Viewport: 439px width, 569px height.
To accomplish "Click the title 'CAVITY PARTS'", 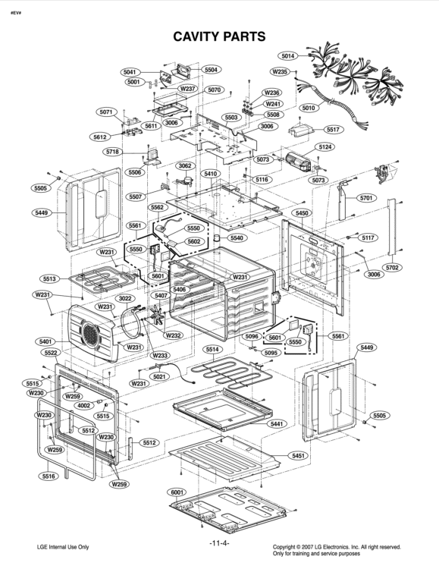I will click(x=219, y=36).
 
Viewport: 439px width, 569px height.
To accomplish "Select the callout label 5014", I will click(x=288, y=56).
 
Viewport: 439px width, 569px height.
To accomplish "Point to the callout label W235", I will click(x=280, y=71).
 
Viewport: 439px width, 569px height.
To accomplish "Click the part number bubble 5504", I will click(x=211, y=69).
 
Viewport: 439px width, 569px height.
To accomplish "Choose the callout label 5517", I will click(x=332, y=130).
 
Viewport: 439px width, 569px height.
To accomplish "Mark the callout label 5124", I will click(x=325, y=146).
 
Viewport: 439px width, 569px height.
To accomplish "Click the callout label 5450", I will click(x=302, y=213).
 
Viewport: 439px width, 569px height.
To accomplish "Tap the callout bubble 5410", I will click(x=210, y=174).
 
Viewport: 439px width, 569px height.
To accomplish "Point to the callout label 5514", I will click(x=212, y=350).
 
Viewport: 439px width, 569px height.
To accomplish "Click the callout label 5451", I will click(x=299, y=455).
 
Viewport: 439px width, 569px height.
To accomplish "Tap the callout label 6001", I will click(x=178, y=492).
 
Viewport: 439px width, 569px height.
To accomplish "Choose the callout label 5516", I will click(x=49, y=476).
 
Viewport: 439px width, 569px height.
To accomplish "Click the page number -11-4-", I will click(x=219, y=544).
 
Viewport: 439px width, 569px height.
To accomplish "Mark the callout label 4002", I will click(x=83, y=406).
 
